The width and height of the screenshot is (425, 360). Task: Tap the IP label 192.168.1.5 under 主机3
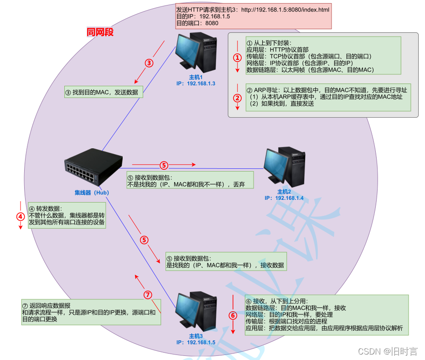(196, 342)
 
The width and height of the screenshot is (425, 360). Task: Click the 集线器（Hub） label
(92, 193)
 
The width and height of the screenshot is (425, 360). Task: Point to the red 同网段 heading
(100, 32)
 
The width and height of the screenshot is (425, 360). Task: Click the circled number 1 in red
(237, 58)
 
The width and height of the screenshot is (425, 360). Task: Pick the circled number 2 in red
(237, 97)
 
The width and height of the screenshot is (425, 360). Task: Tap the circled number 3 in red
(149, 63)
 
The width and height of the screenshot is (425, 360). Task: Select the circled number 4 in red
(20, 216)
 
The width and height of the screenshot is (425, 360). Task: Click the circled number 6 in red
(233, 315)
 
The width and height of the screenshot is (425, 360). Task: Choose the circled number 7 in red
(147, 295)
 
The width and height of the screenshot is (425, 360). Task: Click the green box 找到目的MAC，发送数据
(104, 93)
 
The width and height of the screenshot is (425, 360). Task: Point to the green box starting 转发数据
(67, 215)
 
